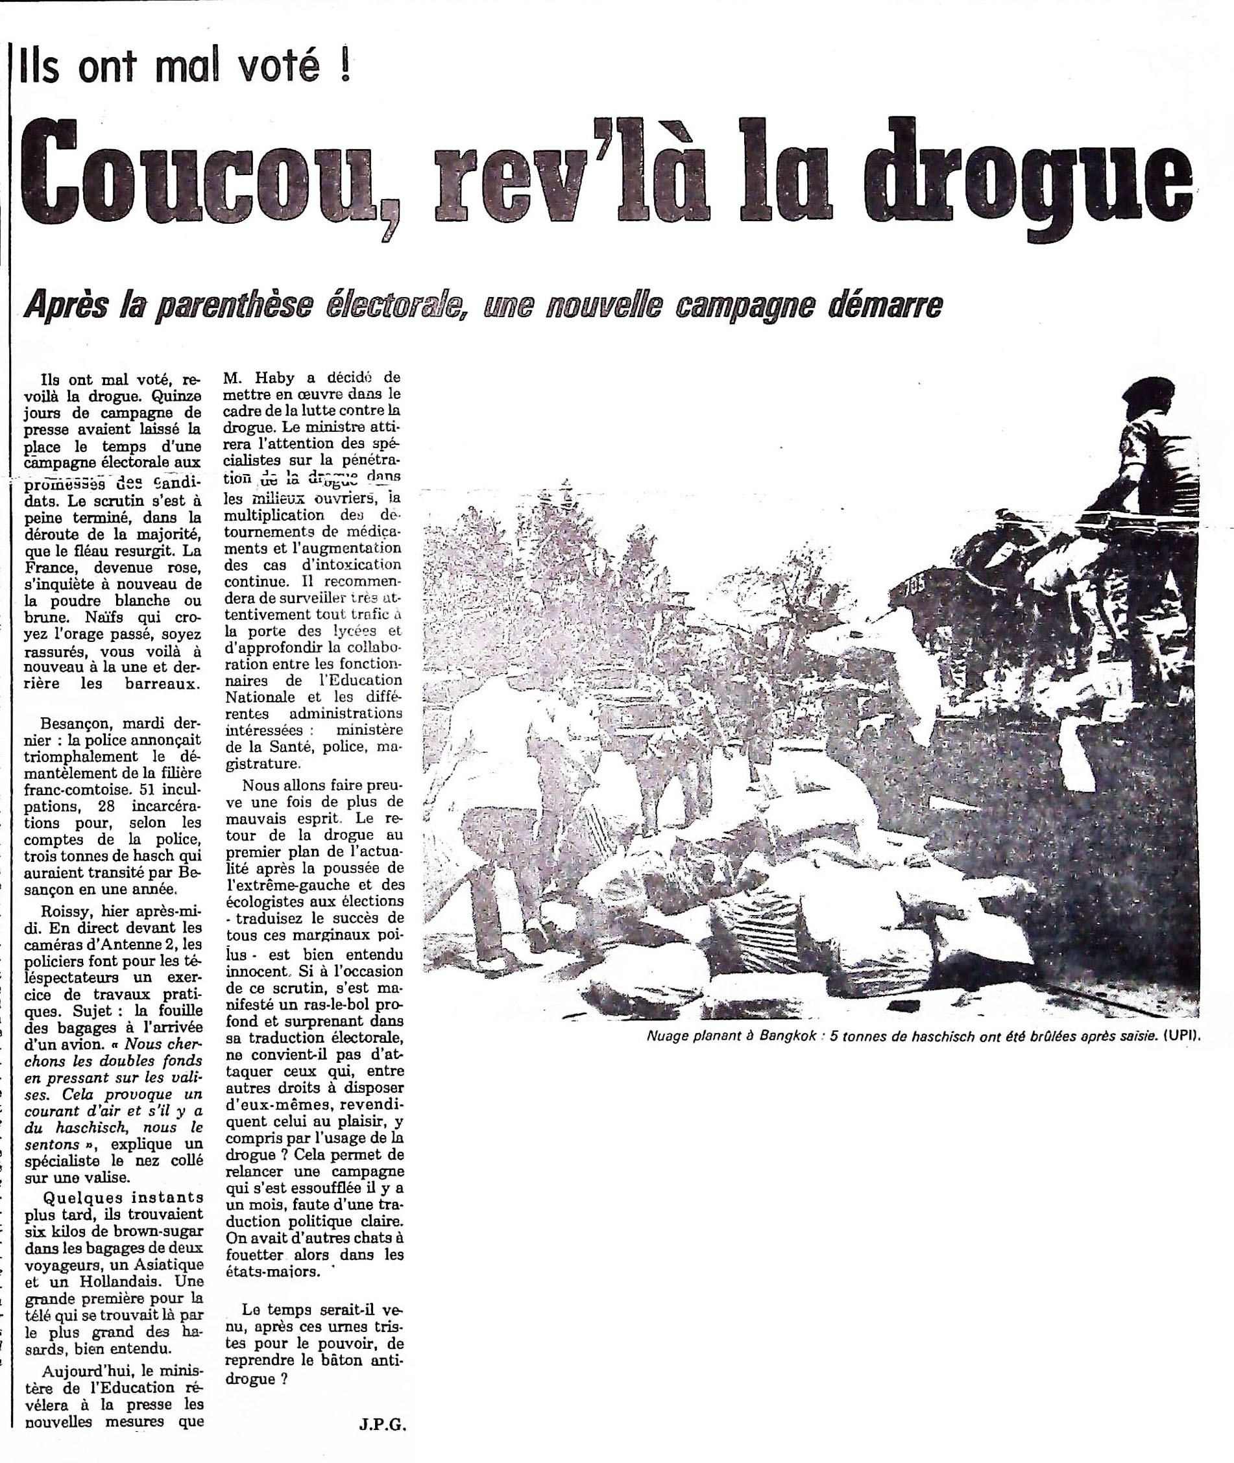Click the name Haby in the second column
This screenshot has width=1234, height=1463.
(x=276, y=378)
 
